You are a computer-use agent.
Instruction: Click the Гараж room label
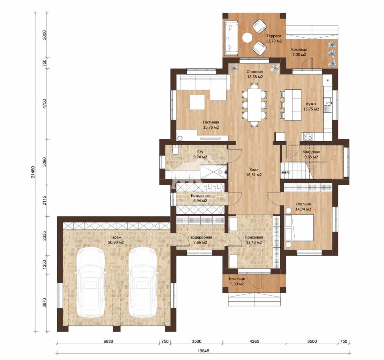pos(116,238)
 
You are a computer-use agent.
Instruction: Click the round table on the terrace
pos(248,38)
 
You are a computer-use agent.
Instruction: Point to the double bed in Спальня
pos(299,227)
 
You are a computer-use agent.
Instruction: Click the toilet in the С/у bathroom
pos(175,150)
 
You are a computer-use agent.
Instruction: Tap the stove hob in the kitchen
pos(308,136)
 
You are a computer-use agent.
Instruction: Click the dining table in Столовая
pos(254,105)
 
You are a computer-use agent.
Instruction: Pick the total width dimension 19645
pos(203,351)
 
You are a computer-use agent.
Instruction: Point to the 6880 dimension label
pos(108,341)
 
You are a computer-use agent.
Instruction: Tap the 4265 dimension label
pos(254,341)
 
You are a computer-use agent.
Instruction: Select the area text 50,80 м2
pos(116,242)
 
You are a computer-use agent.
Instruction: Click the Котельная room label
pos(200,196)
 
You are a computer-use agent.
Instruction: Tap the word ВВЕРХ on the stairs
pos(286,173)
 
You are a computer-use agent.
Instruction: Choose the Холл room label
pos(254,170)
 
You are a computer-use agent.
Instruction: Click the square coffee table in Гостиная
pos(197,102)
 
